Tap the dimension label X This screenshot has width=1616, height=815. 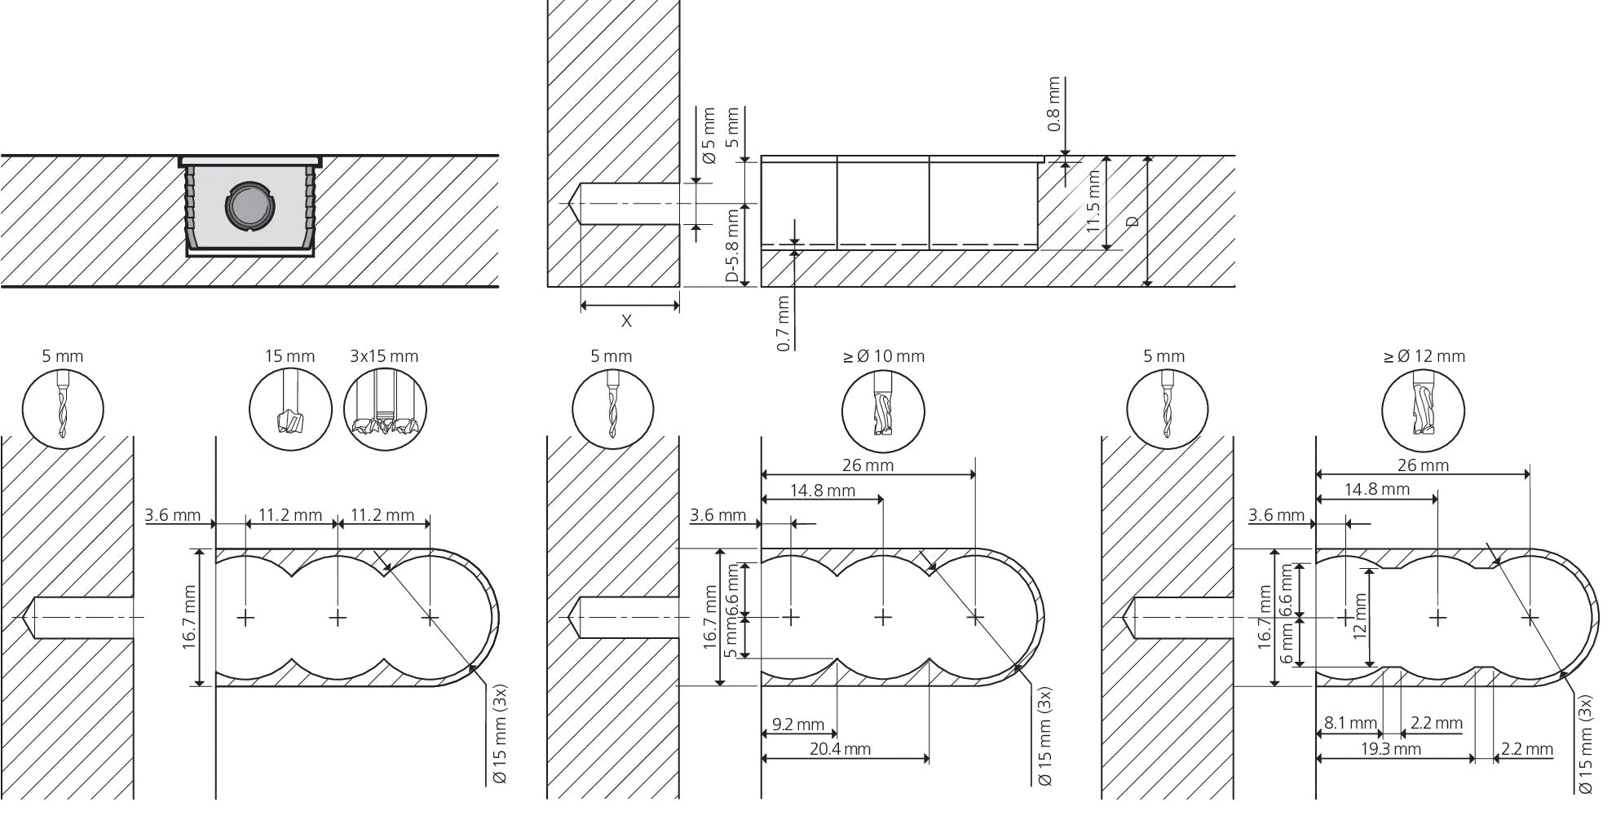(626, 321)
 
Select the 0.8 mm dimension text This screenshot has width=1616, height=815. (1054, 104)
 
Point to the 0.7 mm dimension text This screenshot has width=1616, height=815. (784, 323)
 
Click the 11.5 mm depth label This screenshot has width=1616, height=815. (1094, 206)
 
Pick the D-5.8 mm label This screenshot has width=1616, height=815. (732, 245)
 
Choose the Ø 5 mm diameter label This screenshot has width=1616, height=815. (708, 135)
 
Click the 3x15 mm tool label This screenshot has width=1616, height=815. (384, 356)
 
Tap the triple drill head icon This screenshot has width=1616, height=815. (386, 410)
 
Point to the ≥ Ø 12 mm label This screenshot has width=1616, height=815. (1424, 356)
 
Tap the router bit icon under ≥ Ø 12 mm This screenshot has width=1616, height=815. (1424, 410)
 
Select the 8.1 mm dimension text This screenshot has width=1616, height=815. (1351, 723)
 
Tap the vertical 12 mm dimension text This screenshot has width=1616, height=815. (1359, 616)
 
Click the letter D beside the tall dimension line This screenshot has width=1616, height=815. (1132, 221)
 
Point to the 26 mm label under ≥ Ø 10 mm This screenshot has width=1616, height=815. (868, 465)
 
